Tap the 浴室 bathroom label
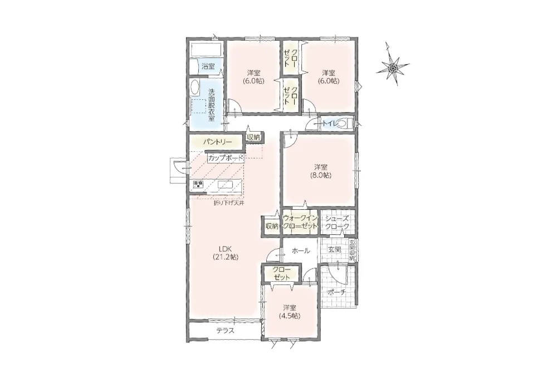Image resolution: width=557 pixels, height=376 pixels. [x=208, y=66]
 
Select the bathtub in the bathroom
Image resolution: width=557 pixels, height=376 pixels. [x=206, y=50]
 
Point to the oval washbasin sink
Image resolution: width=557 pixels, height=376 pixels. [x=195, y=88]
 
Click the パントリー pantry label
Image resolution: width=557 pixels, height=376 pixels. [x=217, y=142]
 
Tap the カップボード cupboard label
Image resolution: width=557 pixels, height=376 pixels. [x=226, y=158]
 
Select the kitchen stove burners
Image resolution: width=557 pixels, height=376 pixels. [x=198, y=184]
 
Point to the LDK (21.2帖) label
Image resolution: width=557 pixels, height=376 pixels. [x=226, y=253]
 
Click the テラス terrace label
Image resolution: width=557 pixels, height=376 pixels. [x=226, y=330]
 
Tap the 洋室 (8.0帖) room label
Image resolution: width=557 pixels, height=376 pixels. [x=321, y=171]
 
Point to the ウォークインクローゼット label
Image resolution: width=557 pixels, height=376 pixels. [x=300, y=222]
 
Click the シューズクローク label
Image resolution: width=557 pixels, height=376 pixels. [x=338, y=223]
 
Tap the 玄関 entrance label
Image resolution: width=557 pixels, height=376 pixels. [x=334, y=250]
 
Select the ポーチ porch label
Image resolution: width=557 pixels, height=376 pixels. [x=336, y=292]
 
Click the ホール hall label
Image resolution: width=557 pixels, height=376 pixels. [x=301, y=251]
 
